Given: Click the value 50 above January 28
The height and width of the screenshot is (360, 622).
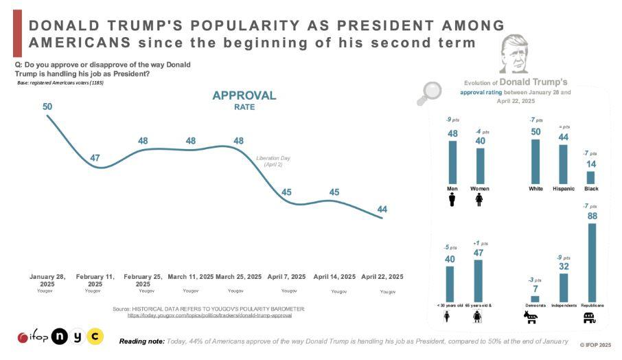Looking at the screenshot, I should [47, 106].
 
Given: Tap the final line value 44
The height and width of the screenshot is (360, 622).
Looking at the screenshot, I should [382, 209].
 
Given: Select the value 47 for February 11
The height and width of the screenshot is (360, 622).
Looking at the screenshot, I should [95, 158].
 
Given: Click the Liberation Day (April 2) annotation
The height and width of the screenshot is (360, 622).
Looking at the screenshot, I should [269, 161].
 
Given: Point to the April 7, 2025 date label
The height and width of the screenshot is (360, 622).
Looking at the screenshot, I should [287, 276].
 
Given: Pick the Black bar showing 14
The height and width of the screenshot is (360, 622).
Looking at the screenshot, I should [590, 177].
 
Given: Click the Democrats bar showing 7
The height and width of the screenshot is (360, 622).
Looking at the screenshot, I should [535, 299].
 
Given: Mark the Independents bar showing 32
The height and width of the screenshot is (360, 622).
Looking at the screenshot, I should [563, 288].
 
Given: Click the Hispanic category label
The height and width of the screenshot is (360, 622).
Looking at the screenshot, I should [563, 188].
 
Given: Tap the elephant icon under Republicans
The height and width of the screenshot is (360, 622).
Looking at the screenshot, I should [589, 317].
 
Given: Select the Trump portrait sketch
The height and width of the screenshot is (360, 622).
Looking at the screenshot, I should [513, 53].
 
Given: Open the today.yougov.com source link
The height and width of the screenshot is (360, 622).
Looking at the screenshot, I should [210, 315].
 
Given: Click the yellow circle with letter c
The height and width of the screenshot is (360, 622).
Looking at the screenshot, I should [95, 337].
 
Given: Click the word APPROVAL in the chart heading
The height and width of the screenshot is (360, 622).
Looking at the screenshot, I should [244, 95].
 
